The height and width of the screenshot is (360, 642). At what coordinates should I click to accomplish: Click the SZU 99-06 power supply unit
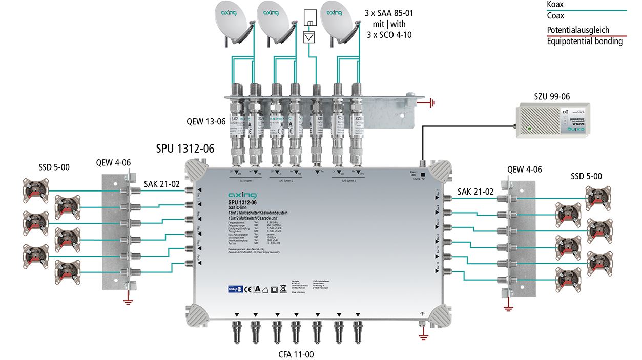click(552, 119)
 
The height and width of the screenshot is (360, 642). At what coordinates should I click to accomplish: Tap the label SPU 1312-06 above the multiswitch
click(185, 149)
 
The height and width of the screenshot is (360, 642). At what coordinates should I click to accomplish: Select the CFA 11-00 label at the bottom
click(296, 353)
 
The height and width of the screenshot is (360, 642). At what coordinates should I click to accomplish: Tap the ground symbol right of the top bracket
click(431, 103)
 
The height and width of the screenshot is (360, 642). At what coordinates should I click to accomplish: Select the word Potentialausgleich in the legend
click(577, 30)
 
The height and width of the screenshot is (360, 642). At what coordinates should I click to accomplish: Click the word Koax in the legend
click(555, 5)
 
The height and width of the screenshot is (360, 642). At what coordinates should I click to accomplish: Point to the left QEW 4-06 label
click(113, 163)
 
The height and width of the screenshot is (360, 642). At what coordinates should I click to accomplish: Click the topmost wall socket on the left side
click(36, 190)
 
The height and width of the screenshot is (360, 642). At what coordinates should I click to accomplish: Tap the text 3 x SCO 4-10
click(389, 35)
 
